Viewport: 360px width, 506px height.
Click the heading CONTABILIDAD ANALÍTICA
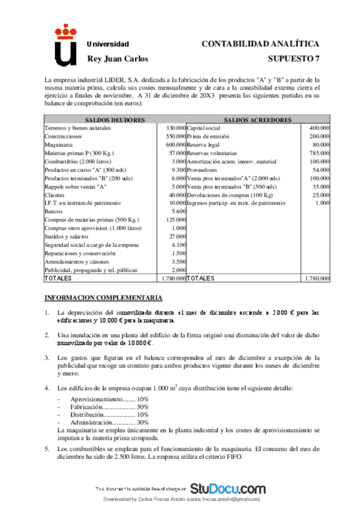click(260, 44)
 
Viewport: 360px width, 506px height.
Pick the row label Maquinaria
click(59, 144)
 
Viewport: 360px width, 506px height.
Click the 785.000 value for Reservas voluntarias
click(319, 153)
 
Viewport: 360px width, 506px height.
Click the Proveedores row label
click(204, 169)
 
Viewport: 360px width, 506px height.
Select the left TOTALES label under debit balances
click(58, 278)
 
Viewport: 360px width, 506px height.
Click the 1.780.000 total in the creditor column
click(316, 278)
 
